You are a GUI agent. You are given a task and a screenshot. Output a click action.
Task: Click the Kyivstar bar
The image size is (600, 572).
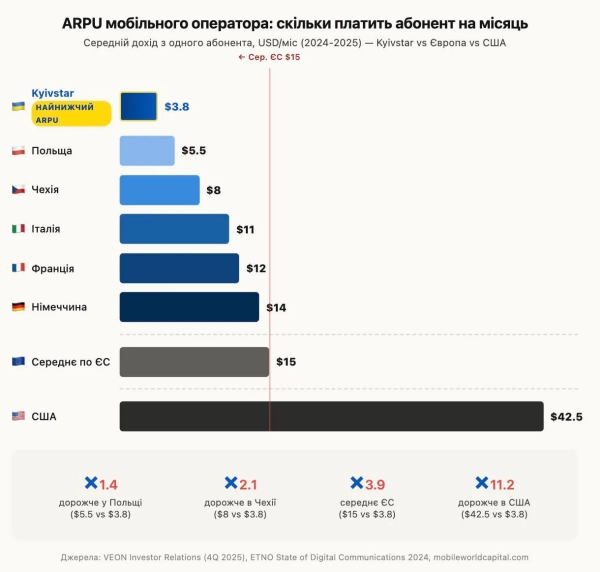[x=138, y=106]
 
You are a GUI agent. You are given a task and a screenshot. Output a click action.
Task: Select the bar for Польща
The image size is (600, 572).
[x=147, y=151]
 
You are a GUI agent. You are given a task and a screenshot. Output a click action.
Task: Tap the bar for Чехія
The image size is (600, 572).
[x=159, y=190]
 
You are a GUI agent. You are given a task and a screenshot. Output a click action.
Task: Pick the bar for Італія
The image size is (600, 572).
[x=174, y=229]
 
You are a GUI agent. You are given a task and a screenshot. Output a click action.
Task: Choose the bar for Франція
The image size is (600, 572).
[x=179, y=268]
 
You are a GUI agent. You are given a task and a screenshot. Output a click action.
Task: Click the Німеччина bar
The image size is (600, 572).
[x=189, y=307]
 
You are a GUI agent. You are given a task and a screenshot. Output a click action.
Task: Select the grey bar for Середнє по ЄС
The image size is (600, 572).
[x=194, y=362]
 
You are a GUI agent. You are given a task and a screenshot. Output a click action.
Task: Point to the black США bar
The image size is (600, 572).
[x=331, y=416]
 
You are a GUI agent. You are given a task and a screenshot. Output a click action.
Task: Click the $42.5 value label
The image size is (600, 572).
[x=566, y=417]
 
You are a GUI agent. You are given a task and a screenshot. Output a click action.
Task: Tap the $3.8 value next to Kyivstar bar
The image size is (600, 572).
[x=177, y=107]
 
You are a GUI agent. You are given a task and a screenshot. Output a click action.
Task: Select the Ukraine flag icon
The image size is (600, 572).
[x=18, y=106]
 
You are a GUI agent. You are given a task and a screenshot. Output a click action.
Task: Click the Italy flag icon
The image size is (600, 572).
[x=18, y=229]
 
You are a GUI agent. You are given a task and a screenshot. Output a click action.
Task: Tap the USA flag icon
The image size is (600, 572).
[x=18, y=416]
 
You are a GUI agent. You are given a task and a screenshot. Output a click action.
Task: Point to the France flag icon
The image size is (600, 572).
[x=18, y=268]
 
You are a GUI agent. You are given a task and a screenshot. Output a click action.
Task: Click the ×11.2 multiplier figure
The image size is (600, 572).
[x=496, y=484]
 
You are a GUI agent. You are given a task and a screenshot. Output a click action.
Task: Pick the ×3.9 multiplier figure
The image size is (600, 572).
[x=364, y=484]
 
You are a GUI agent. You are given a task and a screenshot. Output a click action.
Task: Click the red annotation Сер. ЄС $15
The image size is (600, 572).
[x=269, y=58]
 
